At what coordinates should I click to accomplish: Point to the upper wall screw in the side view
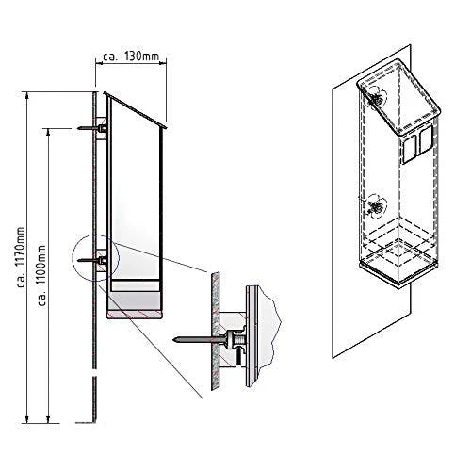pyautogui.click(x=92, y=126)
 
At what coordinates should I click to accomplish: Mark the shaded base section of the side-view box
pyautogui.click(x=136, y=304)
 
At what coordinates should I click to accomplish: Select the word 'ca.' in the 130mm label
pyautogui.click(x=110, y=57)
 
